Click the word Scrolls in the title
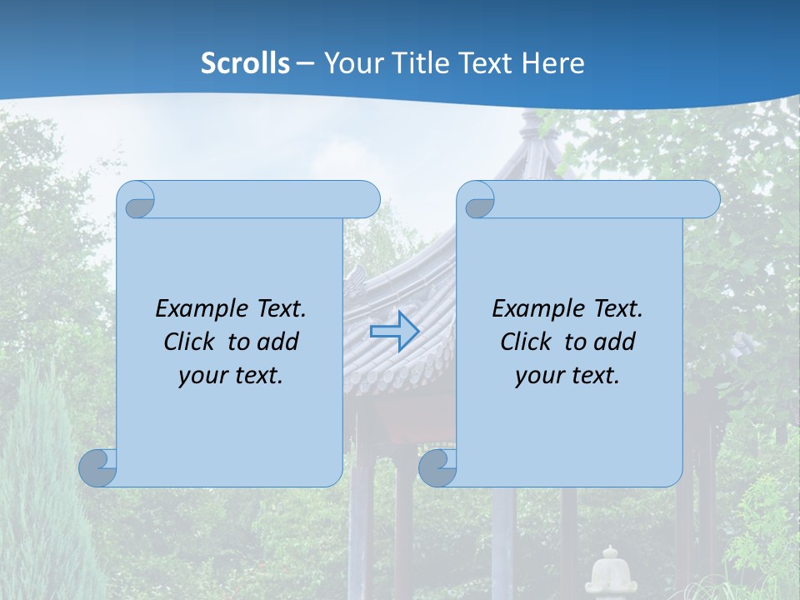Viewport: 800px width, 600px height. tap(245, 63)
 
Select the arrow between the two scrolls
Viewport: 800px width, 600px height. tap(394, 331)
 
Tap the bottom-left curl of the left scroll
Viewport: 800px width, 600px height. tap(98, 467)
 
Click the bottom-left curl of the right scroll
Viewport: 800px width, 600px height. tap(437, 467)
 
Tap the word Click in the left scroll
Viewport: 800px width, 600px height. tap(191, 342)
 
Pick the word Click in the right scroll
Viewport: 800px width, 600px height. tap(526, 342)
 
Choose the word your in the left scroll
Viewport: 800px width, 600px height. tap(202, 376)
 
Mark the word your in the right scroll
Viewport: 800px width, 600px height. tap(539, 376)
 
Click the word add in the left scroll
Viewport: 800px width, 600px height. tap(278, 342)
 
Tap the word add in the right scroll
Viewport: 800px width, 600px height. tap(615, 342)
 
